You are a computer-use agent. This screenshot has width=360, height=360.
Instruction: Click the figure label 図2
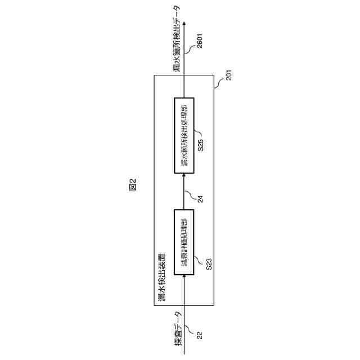click(x=133, y=184)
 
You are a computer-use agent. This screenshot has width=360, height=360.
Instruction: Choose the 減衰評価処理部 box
click(x=184, y=242)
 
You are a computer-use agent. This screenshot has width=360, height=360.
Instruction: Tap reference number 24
click(x=200, y=197)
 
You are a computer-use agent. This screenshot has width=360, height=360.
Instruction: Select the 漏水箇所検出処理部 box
click(x=184, y=132)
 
